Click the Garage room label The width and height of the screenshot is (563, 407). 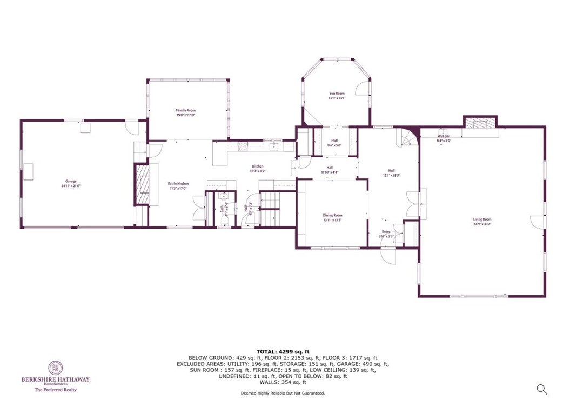[x=71, y=181]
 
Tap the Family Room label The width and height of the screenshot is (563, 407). [x=185, y=110]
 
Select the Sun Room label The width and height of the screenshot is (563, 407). [x=337, y=94]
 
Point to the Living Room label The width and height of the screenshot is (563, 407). [x=482, y=219]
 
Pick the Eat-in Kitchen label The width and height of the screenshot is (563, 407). [x=178, y=184]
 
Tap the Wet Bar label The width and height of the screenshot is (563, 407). [x=443, y=136]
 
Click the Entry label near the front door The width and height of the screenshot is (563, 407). [x=386, y=231]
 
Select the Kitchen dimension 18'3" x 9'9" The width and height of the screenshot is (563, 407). [x=257, y=171]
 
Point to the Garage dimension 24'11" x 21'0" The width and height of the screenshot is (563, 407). [x=71, y=186]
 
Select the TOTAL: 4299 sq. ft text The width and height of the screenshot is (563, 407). [x=283, y=352]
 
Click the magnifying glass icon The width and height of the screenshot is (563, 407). [x=541, y=389]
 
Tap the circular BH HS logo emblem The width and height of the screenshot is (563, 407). [x=56, y=369]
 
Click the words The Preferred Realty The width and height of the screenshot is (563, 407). [x=56, y=390]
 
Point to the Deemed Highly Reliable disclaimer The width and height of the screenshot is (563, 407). [x=283, y=393]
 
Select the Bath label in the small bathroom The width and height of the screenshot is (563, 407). [x=222, y=208]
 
